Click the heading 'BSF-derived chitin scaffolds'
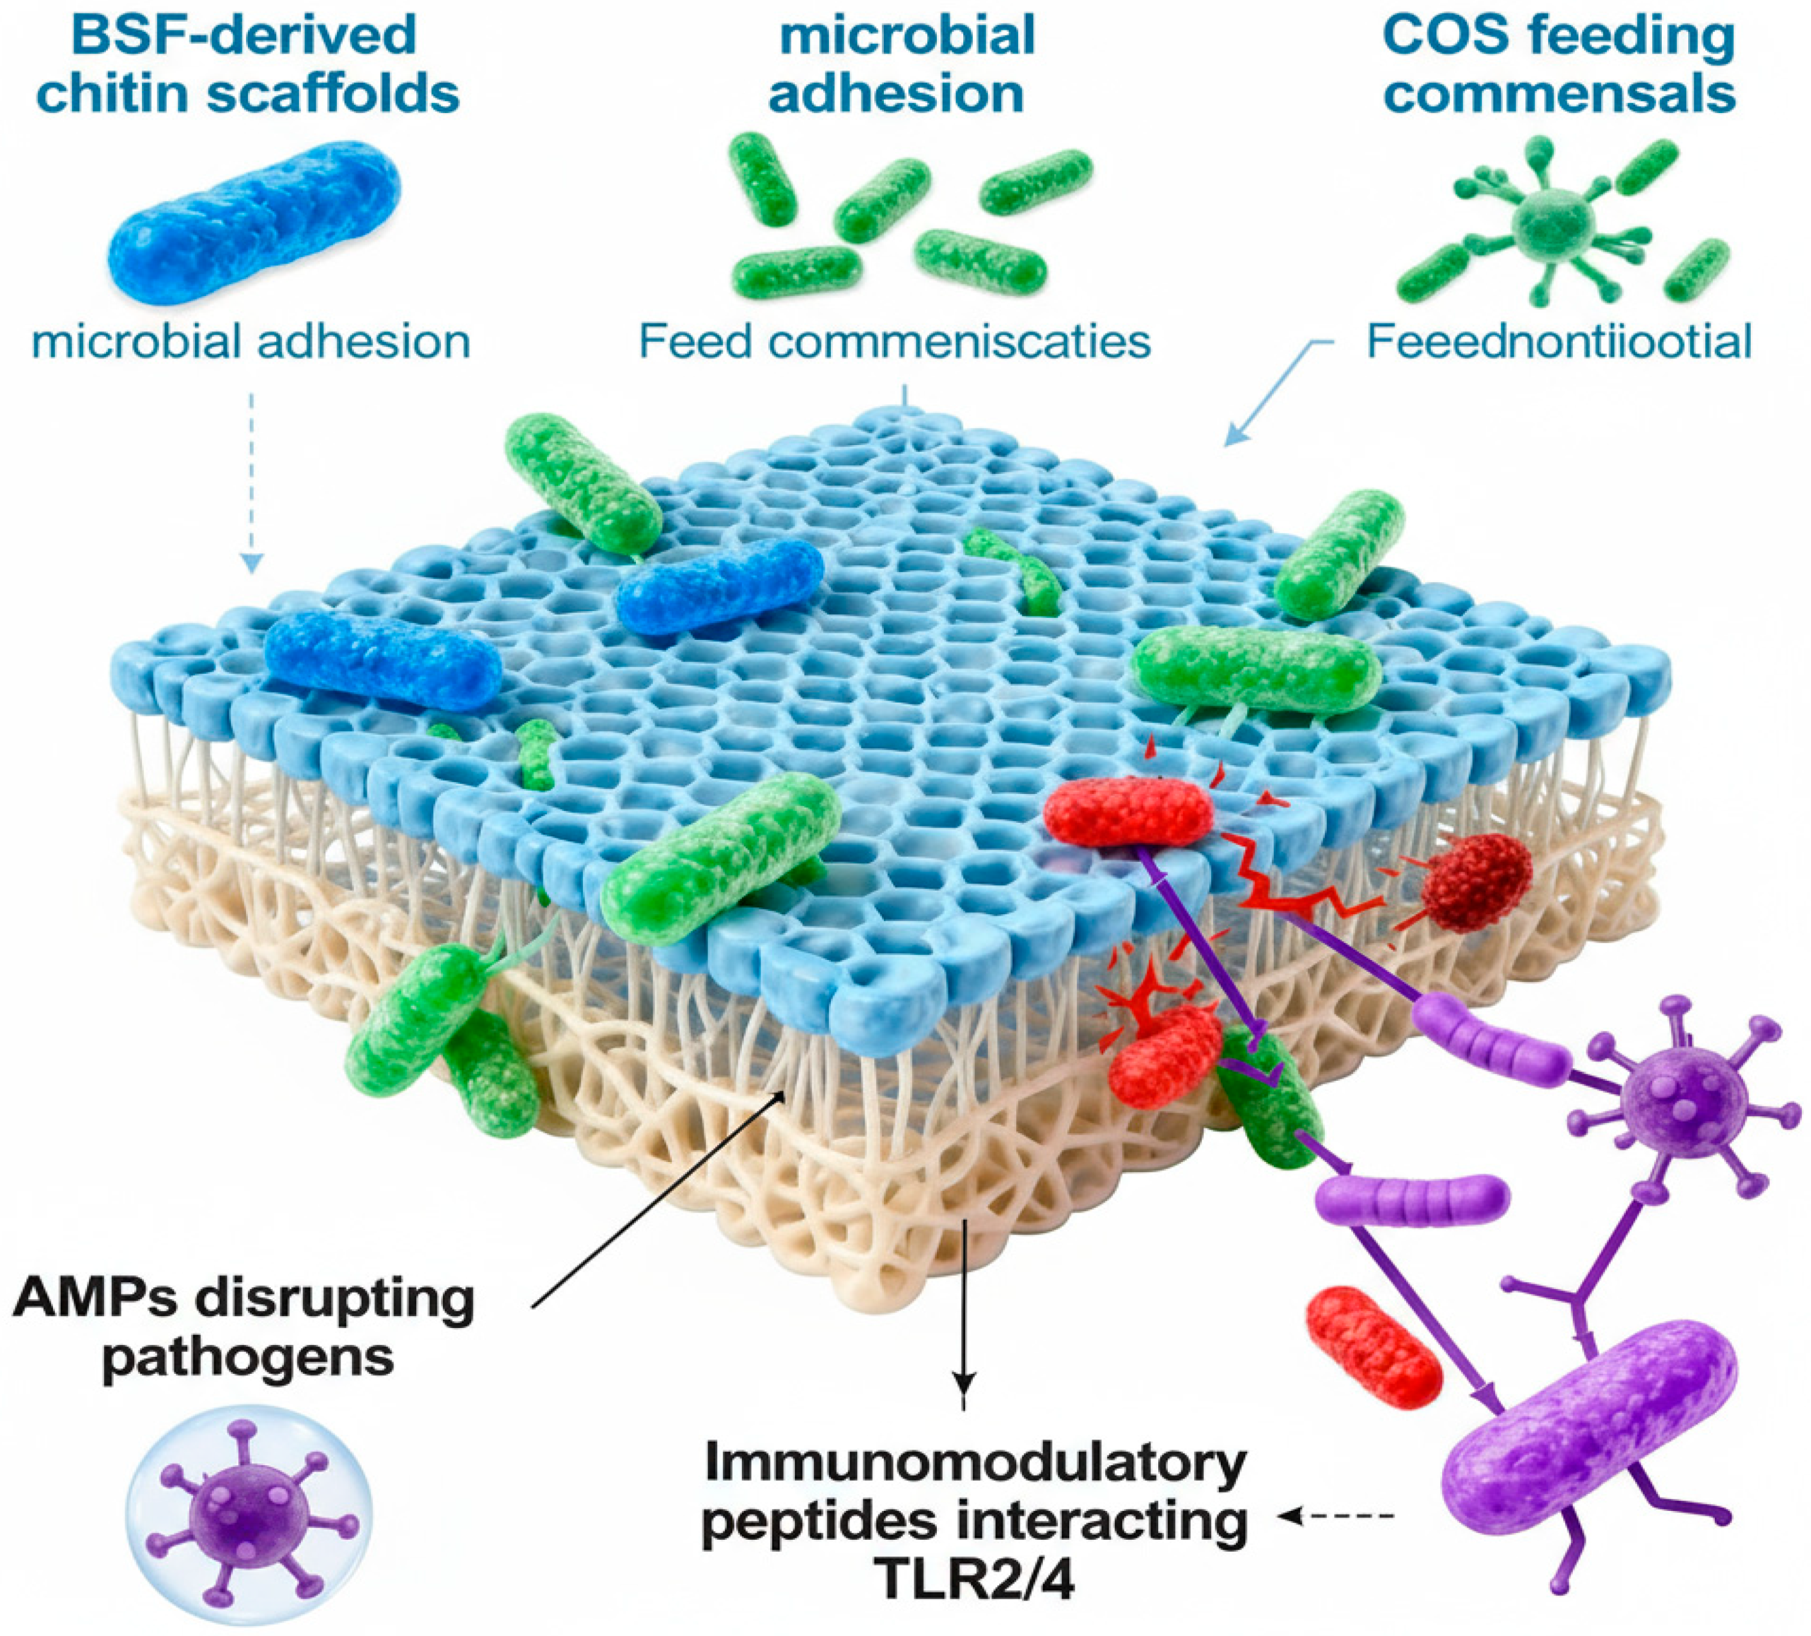(x=249, y=64)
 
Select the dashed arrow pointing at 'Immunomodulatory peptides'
(x=1339, y=1516)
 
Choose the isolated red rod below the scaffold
(x=1372, y=1347)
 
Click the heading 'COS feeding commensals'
(x=1558, y=64)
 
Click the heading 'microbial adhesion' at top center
(x=896, y=64)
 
